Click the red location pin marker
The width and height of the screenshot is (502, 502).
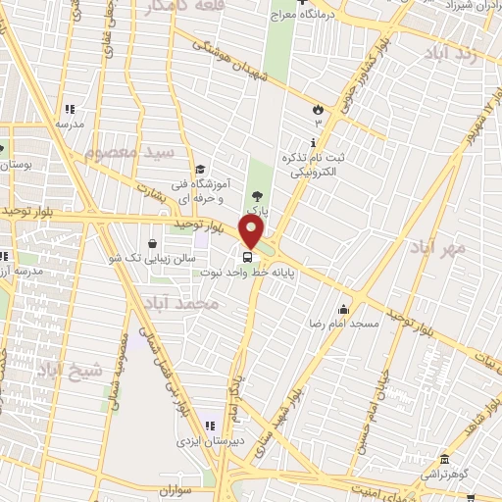click(x=252, y=232)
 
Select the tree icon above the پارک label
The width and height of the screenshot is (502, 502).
click(x=257, y=197)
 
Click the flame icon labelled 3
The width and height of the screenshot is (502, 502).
click(x=318, y=109)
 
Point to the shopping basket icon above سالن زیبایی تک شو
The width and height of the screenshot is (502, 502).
click(x=154, y=243)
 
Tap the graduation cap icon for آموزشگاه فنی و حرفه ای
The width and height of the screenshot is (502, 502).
click(x=200, y=169)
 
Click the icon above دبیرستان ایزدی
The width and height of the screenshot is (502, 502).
click(x=209, y=427)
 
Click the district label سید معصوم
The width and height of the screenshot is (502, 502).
click(x=128, y=153)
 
